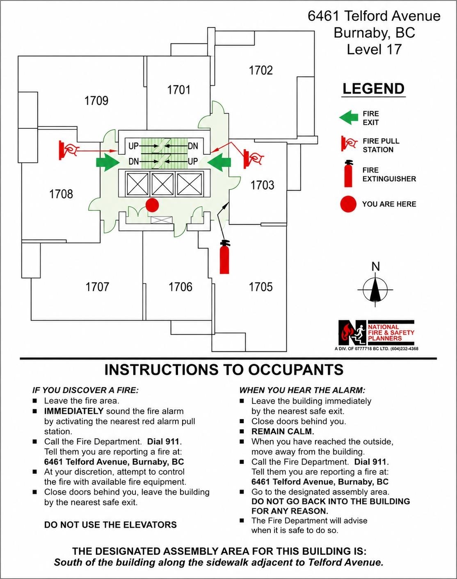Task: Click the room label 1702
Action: (260, 70)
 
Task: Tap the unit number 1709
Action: (96, 100)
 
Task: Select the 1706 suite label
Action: (181, 287)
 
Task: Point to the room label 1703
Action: (262, 185)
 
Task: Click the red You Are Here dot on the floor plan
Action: (152, 205)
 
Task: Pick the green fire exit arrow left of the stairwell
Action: (108, 162)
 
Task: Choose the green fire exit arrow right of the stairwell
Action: (219, 162)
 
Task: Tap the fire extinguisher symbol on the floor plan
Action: (224, 257)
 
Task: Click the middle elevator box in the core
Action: (162, 184)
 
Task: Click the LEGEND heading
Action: (374, 89)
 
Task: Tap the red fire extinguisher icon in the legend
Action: (348, 173)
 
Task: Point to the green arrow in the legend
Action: (349, 118)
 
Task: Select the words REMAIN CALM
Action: (283, 431)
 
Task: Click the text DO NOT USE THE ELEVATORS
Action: (110, 524)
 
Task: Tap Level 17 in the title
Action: (374, 49)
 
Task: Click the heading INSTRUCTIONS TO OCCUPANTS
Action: (224, 370)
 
